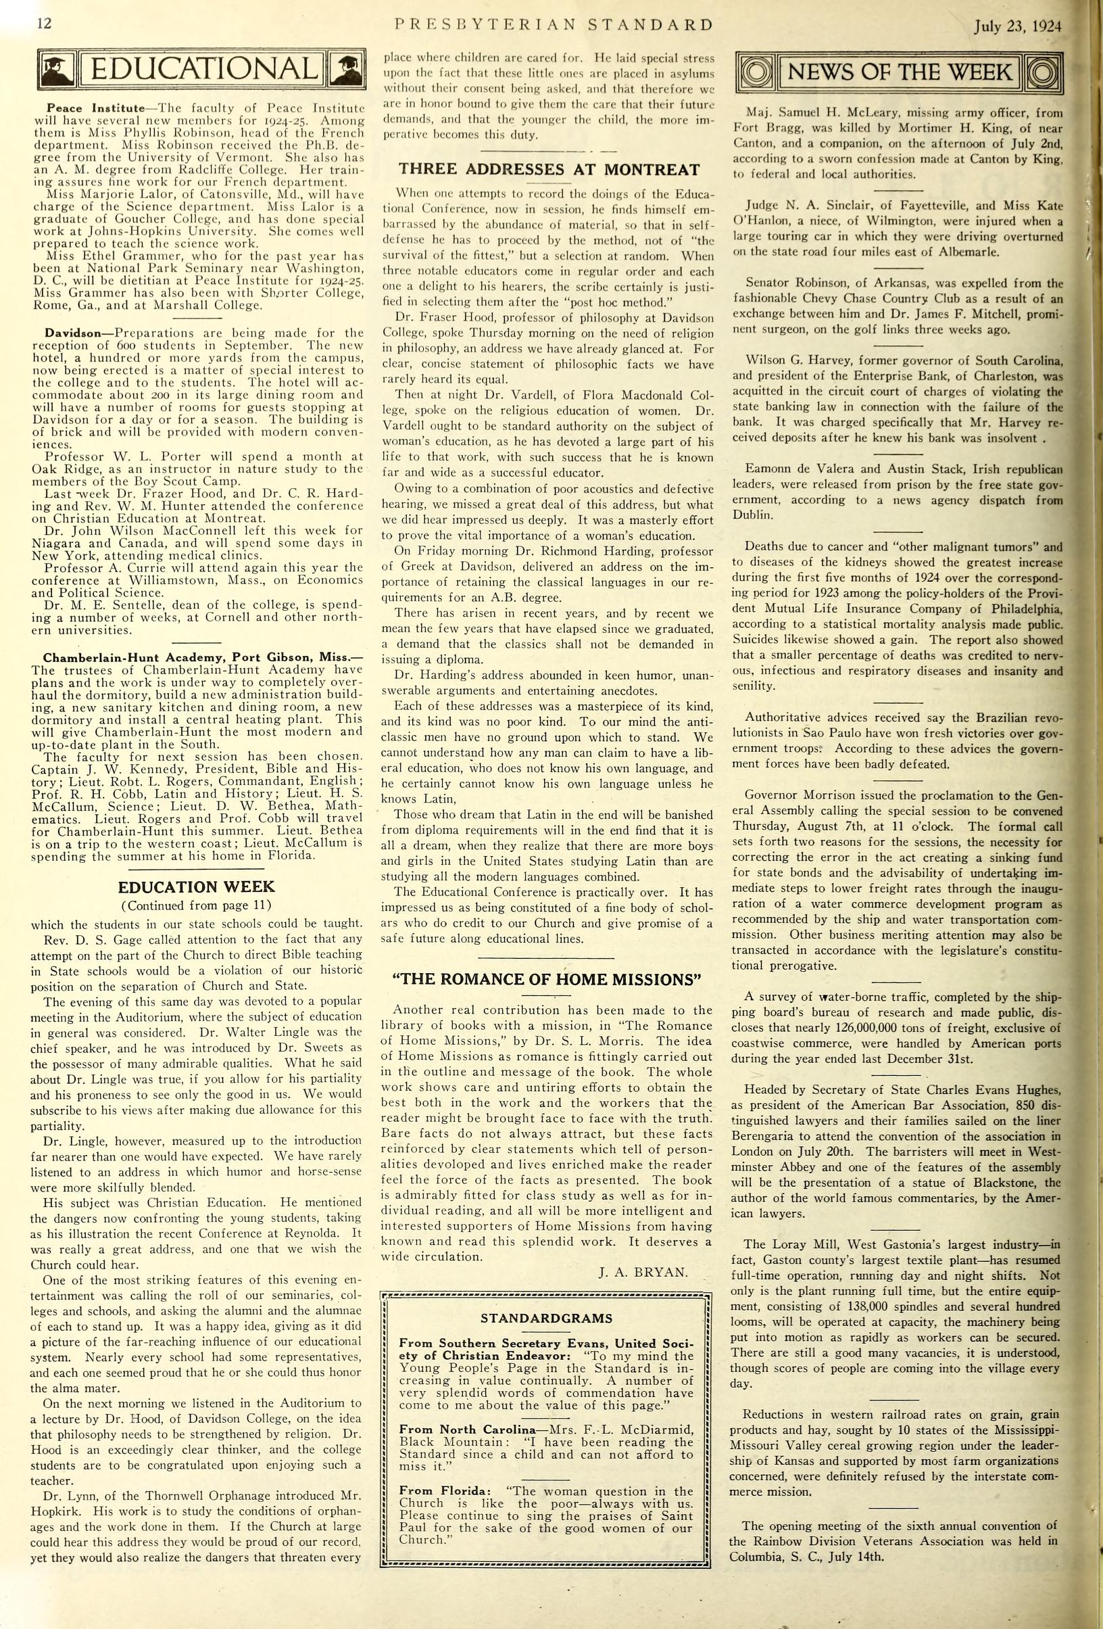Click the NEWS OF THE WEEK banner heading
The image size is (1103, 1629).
tap(899, 72)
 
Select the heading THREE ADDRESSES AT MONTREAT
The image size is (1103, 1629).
tap(549, 169)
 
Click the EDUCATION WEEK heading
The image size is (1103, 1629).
tap(196, 887)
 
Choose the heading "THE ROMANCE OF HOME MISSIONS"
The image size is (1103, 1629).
tap(549, 979)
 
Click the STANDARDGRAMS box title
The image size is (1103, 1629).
tap(546, 1319)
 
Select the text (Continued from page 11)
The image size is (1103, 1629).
tap(196, 905)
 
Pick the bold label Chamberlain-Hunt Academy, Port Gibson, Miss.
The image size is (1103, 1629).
tap(203, 657)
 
